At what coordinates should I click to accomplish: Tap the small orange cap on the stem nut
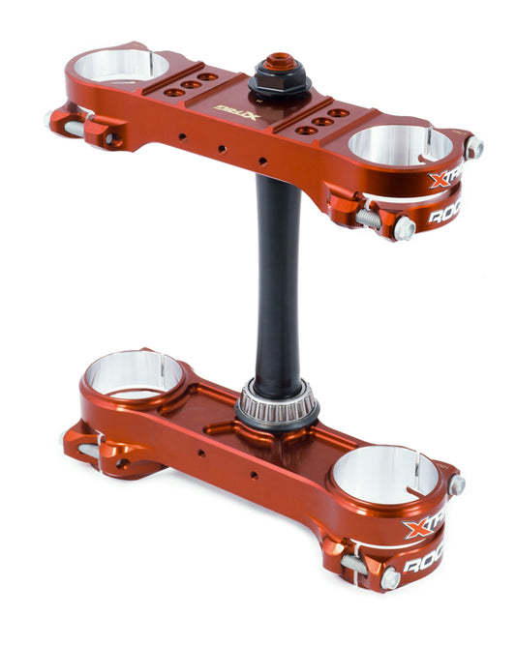[x=280, y=62]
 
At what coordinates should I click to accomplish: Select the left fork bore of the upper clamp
[x=129, y=68]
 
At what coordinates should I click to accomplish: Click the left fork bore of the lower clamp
[x=135, y=374]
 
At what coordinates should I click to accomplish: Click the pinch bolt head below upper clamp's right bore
[x=405, y=228]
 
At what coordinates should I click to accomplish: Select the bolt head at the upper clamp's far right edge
[x=473, y=148]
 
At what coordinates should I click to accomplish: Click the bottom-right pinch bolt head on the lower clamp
[x=390, y=577]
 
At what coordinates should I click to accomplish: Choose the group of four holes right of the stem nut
[x=323, y=122]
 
